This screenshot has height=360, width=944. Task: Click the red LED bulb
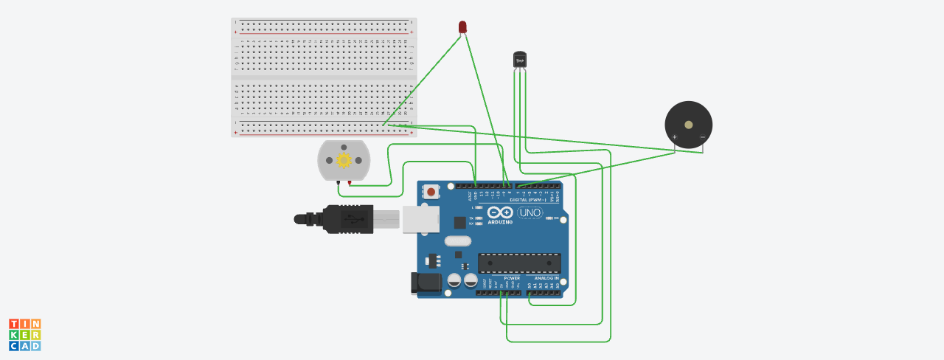click(462, 27)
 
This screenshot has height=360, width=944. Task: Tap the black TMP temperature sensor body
click(520, 58)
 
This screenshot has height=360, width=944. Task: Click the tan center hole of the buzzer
click(688, 125)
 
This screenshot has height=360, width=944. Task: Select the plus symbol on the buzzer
click(674, 136)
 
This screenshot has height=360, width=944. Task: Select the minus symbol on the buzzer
click(702, 136)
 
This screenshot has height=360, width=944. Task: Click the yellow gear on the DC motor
click(344, 160)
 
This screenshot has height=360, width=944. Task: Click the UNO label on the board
click(530, 213)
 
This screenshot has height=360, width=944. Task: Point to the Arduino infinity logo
click(500, 212)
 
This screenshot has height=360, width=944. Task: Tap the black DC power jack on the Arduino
click(426, 283)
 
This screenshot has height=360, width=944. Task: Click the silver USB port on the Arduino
click(420, 219)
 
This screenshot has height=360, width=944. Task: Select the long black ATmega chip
click(519, 263)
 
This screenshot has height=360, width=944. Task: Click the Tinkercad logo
click(24, 335)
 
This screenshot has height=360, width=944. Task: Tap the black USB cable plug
click(347, 219)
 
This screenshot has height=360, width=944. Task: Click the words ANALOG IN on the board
click(546, 278)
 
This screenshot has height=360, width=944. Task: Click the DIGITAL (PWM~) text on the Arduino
click(527, 200)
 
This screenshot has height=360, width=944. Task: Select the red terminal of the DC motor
click(349, 182)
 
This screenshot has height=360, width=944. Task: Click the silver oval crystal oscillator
click(457, 240)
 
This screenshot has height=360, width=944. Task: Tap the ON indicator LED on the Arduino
click(549, 218)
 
